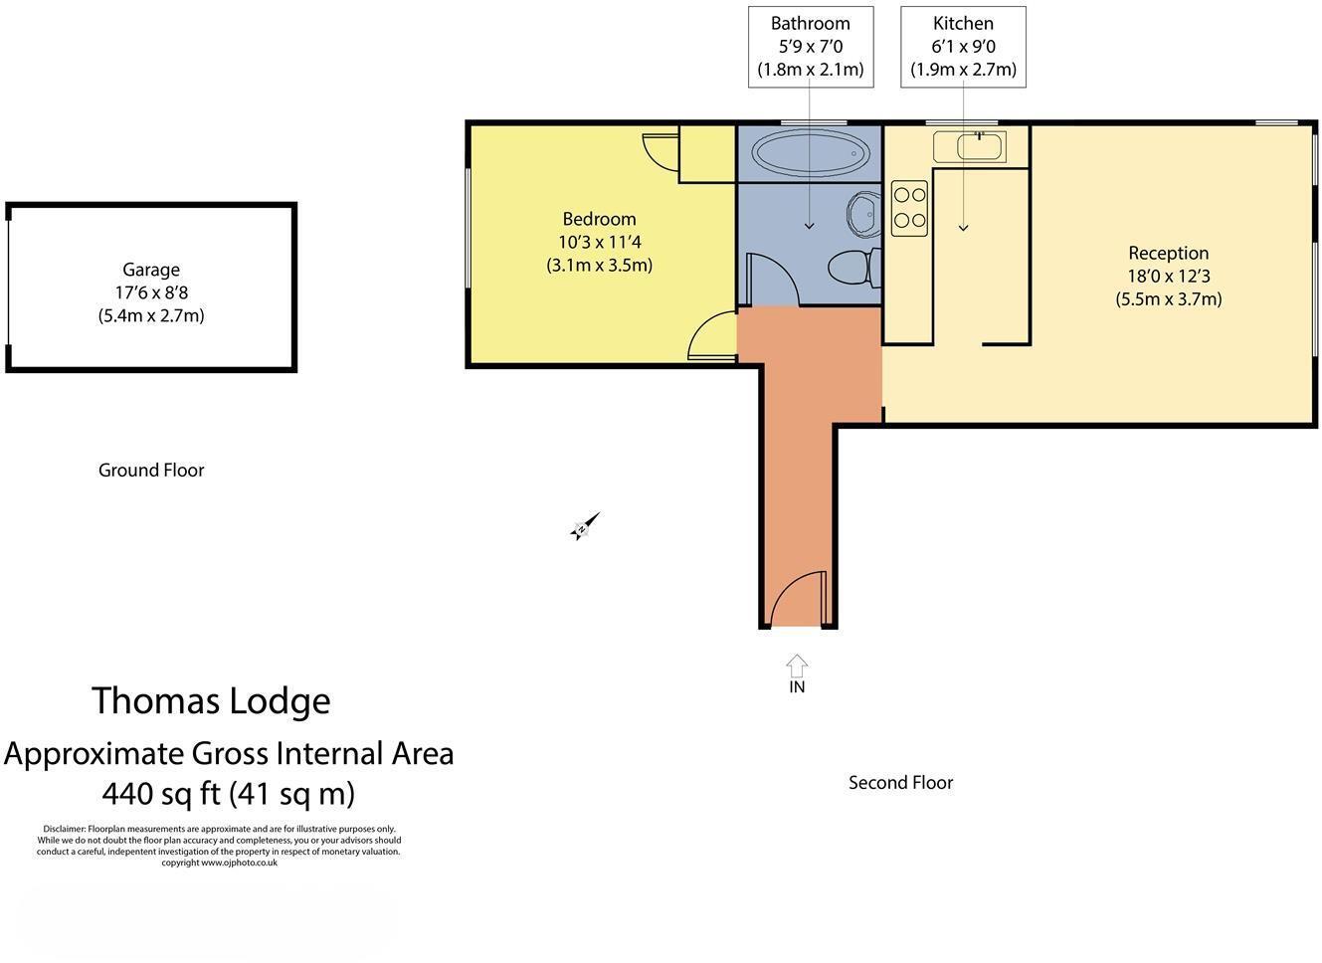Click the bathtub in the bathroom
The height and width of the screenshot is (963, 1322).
[x=809, y=154]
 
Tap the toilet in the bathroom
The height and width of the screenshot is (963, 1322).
[x=852, y=268]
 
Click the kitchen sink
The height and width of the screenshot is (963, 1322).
[x=970, y=147]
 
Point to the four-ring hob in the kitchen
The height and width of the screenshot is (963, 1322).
[x=909, y=208]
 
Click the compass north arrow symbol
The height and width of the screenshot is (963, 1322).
[x=585, y=526]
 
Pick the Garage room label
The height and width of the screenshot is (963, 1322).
[x=151, y=270]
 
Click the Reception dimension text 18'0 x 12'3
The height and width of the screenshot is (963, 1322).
[x=1168, y=277]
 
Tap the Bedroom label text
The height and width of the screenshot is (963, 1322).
[x=599, y=219]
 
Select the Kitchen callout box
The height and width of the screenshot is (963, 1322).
[x=963, y=47]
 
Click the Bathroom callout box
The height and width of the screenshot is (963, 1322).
[x=811, y=47]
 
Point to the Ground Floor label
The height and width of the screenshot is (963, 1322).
[x=151, y=471]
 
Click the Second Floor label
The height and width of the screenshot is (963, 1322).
[x=900, y=783]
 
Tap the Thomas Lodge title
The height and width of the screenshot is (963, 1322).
[x=211, y=701]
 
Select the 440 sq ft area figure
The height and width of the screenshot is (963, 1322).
[x=228, y=794]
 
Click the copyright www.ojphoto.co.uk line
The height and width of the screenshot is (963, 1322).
[x=219, y=863]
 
